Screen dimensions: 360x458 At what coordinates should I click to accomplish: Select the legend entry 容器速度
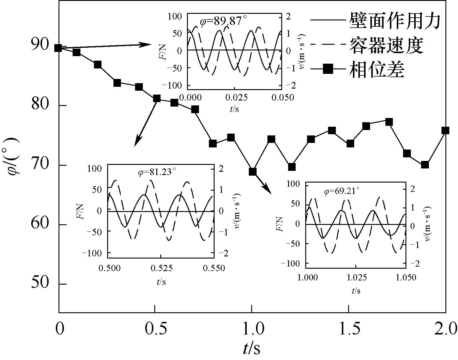click(x=386, y=45)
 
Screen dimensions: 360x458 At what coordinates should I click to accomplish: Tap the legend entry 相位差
click(x=376, y=70)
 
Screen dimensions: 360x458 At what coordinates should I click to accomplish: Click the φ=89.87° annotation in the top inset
click(x=224, y=21)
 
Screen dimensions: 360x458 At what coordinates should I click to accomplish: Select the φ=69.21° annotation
click(x=342, y=191)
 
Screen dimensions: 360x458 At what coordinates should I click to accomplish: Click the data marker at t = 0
click(x=58, y=48)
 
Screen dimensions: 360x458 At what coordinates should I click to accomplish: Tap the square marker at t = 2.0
click(x=445, y=130)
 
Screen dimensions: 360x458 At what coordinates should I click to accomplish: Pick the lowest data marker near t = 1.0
click(x=252, y=172)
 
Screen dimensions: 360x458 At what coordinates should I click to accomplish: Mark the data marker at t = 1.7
click(x=389, y=122)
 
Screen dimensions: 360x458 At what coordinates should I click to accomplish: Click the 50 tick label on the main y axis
click(x=40, y=283)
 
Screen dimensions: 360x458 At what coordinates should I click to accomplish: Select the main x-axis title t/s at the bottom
click(x=252, y=349)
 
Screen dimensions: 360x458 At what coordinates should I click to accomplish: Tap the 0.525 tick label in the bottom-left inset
click(x=161, y=268)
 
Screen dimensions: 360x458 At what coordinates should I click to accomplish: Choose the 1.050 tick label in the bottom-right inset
click(x=406, y=277)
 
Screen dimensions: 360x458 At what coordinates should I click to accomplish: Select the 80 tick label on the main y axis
click(x=40, y=105)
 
